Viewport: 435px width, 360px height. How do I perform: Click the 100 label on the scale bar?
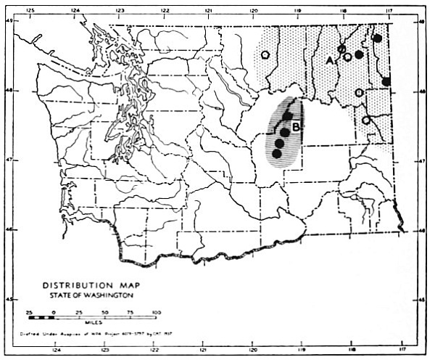coord(154,311)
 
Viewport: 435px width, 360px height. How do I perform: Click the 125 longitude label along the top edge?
coord(30,11)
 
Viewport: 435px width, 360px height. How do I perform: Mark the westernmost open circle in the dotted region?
coord(266,54)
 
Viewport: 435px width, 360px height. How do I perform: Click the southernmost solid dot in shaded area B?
coord(276,153)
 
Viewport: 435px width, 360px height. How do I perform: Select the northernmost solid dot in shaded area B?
coord(288,116)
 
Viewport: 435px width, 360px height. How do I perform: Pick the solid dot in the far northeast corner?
coord(377,38)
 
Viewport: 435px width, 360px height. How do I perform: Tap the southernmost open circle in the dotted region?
coord(366,120)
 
